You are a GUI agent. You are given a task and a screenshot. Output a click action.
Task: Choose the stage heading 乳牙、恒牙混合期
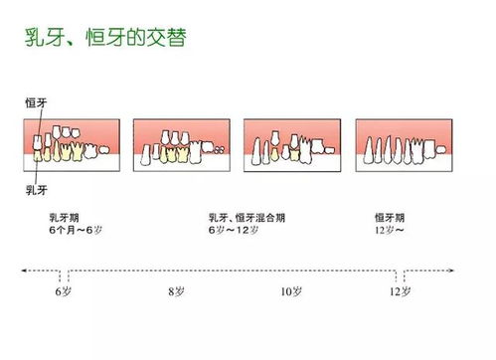point(248,216)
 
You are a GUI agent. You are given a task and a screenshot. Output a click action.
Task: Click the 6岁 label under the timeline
point(64,292)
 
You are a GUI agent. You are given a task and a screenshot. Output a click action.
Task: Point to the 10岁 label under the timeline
point(287,292)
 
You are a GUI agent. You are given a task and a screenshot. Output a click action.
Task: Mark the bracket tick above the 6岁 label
point(64,274)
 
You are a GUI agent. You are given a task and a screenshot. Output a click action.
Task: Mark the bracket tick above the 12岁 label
point(399,274)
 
